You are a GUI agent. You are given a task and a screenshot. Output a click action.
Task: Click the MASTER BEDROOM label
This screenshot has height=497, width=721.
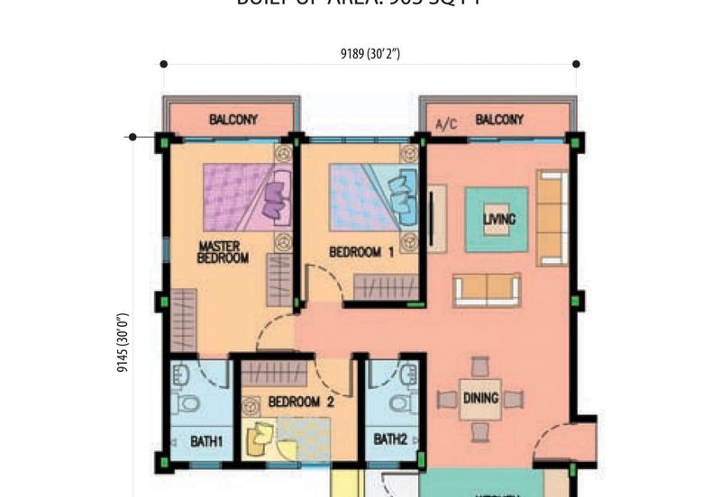pos(223,251)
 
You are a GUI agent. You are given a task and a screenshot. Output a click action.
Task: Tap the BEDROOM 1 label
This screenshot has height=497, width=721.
pos(360,253)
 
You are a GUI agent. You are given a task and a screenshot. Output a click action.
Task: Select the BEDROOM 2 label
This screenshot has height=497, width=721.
pos(301,402)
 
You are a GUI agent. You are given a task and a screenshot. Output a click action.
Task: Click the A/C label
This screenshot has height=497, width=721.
pos(446,122)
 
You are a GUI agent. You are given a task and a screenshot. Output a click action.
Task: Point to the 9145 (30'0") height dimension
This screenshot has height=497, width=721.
pos(123,342)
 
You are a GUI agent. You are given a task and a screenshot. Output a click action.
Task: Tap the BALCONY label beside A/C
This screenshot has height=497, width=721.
pos(499,120)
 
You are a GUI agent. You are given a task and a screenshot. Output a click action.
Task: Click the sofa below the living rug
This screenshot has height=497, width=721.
pos(487,288)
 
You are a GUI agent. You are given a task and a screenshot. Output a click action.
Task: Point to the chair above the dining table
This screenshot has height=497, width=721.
pos(479,366)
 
